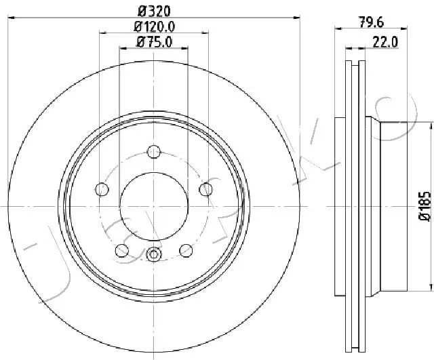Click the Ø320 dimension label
click(x=154, y=12)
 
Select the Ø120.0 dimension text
click(x=155, y=27)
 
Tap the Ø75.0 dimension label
click(x=154, y=42)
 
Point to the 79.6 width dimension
click(x=372, y=22)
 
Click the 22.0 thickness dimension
click(x=385, y=43)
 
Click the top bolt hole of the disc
click(x=154, y=151)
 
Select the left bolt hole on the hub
click(x=102, y=189)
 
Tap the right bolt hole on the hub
click(x=206, y=189)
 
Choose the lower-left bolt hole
click(x=122, y=251)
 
